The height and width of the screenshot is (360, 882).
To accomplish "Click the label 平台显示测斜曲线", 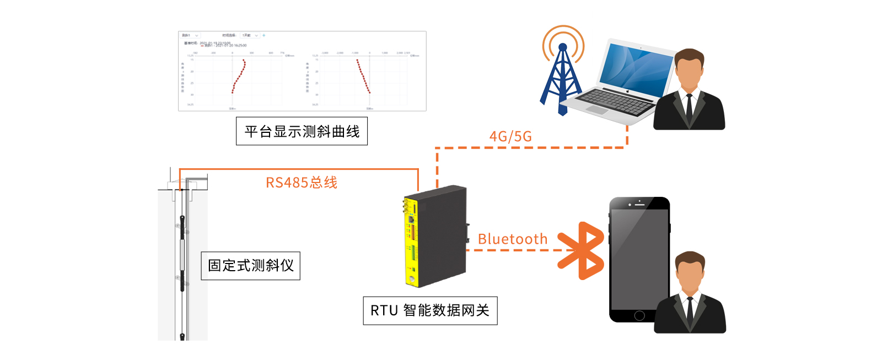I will coord(302,131).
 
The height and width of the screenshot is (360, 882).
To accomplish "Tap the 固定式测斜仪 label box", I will coord(250,266).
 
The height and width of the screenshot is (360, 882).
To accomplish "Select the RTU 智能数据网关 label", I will coord(430,311).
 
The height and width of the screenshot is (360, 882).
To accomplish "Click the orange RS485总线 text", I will coord(301,182).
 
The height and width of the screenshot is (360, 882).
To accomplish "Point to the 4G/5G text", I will coord(510,136).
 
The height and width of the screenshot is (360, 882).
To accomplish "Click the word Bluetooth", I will coord(512,239).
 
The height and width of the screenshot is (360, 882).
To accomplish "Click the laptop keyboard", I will coord(615,101).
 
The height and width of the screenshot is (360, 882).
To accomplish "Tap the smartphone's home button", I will coord(639,315).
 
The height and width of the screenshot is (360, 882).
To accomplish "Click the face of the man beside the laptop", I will coord(689,70).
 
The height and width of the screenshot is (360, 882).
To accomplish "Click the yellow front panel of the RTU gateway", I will coord(412,243).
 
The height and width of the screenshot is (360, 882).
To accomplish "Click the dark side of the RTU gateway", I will coord(444,232).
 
